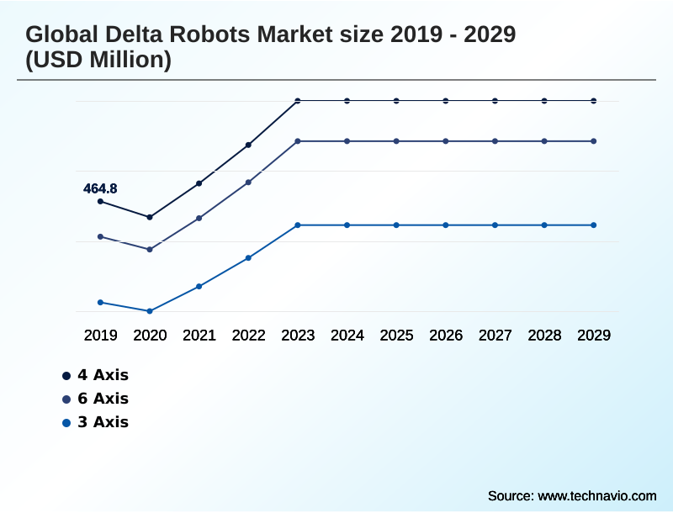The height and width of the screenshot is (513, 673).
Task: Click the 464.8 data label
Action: (100, 189)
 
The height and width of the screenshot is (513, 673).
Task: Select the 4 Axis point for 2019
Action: (100, 202)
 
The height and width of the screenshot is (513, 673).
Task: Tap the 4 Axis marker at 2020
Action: (150, 217)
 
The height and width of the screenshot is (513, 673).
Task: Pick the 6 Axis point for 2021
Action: (199, 218)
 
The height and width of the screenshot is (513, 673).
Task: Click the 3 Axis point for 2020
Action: (150, 311)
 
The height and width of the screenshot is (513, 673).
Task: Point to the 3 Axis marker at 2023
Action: (298, 225)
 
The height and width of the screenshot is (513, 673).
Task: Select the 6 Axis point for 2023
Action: (298, 141)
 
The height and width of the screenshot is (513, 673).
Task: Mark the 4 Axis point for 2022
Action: (248, 145)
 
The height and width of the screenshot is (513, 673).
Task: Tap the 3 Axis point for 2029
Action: (594, 225)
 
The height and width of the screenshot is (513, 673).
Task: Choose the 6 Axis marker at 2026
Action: (446, 141)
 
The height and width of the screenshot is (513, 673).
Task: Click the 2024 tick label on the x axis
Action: (347, 336)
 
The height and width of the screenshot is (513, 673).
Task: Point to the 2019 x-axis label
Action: (100, 336)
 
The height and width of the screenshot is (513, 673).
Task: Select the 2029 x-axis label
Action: (594, 336)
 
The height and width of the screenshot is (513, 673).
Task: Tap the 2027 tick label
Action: (495, 336)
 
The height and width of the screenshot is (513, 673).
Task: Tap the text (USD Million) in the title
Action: (98, 61)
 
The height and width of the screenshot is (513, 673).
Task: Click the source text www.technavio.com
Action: (596, 495)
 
